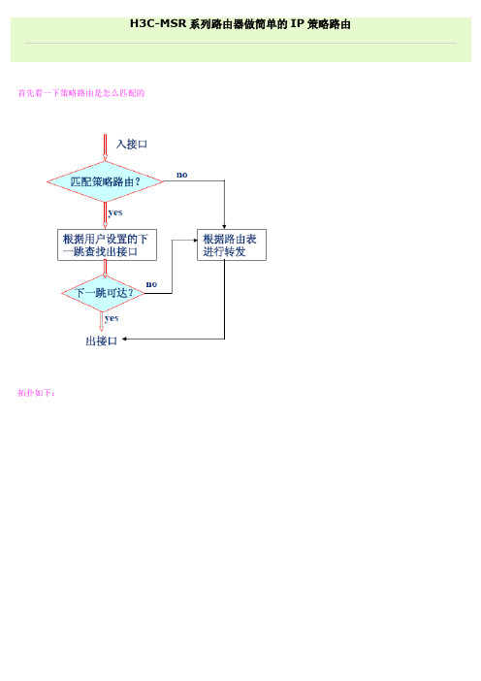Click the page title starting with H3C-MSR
point(240,24)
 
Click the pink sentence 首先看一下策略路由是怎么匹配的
point(81,93)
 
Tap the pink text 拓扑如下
point(37,393)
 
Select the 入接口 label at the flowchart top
point(132,144)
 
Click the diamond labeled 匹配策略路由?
point(105,181)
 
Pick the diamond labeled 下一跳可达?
point(104,293)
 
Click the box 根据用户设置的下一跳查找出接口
point(107,245)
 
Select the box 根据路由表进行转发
point(232,245)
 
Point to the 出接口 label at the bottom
point(102,340)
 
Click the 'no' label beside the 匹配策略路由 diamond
point(182,175)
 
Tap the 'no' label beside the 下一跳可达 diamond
point(151,284)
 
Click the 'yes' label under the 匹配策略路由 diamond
point(115,212)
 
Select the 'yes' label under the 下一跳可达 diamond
point(112,318)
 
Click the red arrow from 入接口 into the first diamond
point(105,147)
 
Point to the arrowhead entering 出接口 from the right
point(124,339)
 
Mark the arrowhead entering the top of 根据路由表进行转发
point(224,227)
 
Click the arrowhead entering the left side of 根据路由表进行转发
point(195,241)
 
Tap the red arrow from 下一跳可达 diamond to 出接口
point(102,322)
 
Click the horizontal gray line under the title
point(240,43)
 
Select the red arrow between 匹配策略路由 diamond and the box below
point(105,215)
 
